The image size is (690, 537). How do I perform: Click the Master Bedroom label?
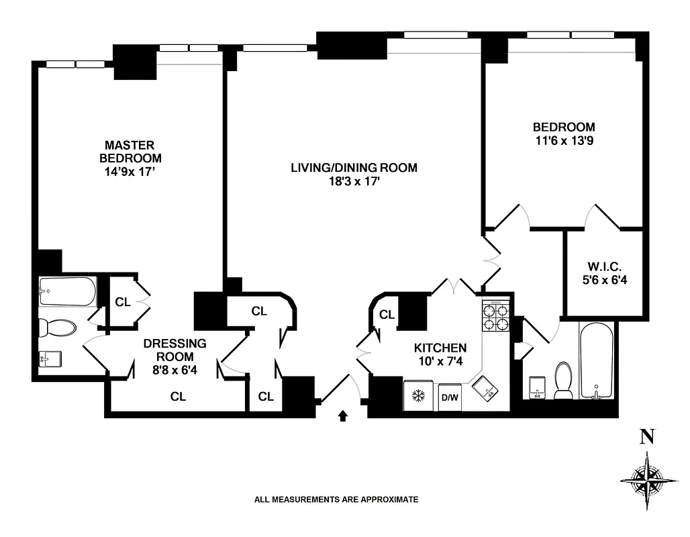tap(130, 151)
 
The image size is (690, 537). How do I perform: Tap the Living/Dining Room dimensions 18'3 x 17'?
tap(354, 181)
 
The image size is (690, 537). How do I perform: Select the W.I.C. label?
tap(605, 266)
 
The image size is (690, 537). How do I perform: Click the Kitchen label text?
tap(440, 348)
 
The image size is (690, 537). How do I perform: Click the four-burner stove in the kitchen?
tap(496, 316)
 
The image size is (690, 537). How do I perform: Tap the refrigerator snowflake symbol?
tap(418, 397)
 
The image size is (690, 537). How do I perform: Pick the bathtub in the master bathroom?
tap(67, 291)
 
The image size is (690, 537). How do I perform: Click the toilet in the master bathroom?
tap(57, 328)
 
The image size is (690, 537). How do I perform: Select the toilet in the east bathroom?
tap(563, 380)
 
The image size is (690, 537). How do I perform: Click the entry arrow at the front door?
tap(343, 416)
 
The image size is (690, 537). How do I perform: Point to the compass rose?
tap(648, 479)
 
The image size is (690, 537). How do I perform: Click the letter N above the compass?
tap(647, 437)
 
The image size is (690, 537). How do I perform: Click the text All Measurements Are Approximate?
tap(336, 499)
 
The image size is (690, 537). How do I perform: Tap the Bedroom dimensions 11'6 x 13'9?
tap(564, 142)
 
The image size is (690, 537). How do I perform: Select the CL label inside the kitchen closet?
tap(387, 314)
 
